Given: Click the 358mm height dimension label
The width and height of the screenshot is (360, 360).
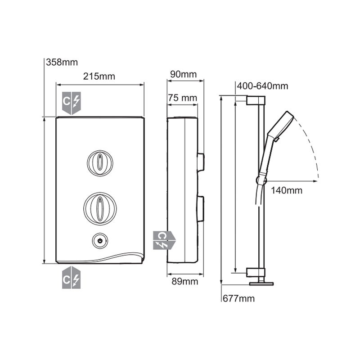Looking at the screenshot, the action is point(62,62).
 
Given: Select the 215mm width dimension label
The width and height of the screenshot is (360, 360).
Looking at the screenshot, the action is point(99,76).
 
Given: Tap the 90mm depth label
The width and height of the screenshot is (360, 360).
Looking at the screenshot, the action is point(184,74).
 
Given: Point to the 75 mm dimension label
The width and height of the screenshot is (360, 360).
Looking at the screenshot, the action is point(183,98).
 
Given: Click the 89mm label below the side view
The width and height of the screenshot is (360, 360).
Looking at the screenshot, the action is point(185,281).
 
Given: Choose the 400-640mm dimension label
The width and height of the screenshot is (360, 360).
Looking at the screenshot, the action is point(262,86).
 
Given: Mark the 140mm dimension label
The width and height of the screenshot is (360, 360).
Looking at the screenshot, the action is point(287,190).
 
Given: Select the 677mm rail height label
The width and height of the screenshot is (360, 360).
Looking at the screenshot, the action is point(239,298).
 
